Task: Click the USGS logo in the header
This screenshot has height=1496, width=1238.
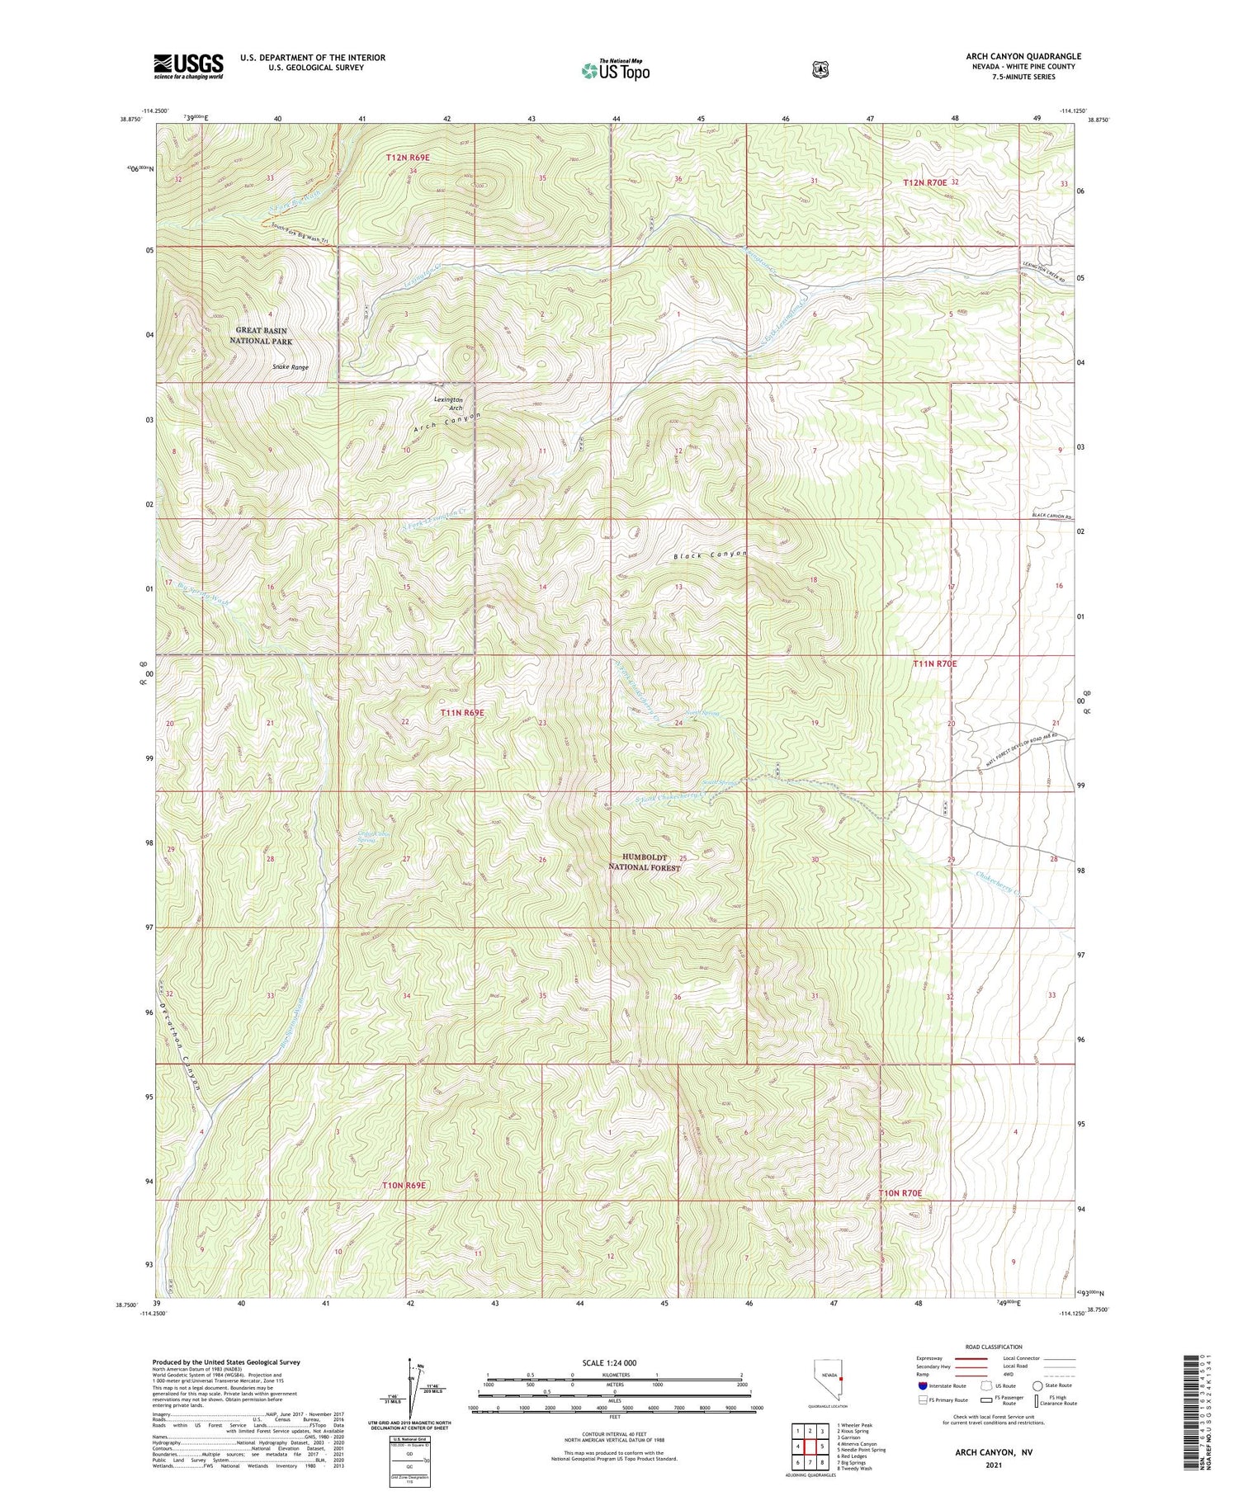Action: click(x=188, y=66)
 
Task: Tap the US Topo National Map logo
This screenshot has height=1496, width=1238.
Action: click(x=614, y=70)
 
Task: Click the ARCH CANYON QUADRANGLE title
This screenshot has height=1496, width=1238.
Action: click(x=1023, y=56)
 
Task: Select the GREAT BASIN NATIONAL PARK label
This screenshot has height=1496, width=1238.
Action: click(x=264, y=336)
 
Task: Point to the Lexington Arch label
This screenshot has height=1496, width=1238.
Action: click(x=448, y=403)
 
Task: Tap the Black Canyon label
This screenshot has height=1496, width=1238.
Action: click(x=709, y=555)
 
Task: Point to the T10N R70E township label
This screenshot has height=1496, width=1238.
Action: click(x=900, y=1193)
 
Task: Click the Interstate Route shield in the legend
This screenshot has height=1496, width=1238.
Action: click(x=922, y=1385)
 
